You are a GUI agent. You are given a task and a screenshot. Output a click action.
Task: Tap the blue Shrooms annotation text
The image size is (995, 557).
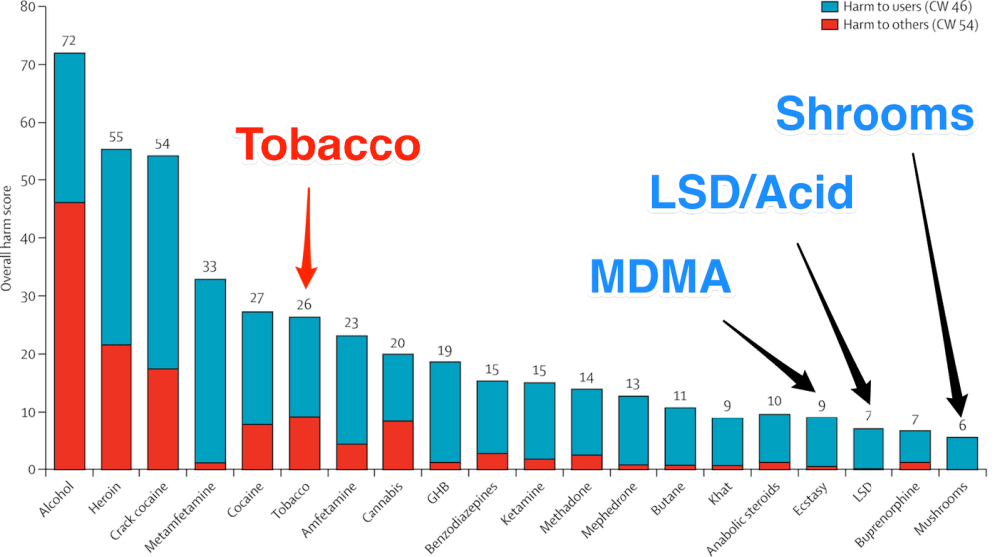click(x=872, y=115)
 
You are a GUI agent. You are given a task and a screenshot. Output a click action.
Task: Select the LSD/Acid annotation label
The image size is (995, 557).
click(x=751, y=190)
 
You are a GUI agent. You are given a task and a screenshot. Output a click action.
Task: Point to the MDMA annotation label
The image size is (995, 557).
click(x=660, y=275)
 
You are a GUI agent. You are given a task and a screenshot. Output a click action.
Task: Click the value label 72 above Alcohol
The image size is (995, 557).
click(x=69, y=40)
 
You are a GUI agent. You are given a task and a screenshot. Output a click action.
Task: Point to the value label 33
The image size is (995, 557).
click(x=209, y=266)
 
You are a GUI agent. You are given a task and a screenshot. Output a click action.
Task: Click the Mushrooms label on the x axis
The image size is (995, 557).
click(x=945, y=503)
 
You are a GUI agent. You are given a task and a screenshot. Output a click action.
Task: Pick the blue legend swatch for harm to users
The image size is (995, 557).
click(x=827, y=6)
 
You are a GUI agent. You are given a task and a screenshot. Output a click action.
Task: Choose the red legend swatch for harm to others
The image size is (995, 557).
click(x=827, y=24)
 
